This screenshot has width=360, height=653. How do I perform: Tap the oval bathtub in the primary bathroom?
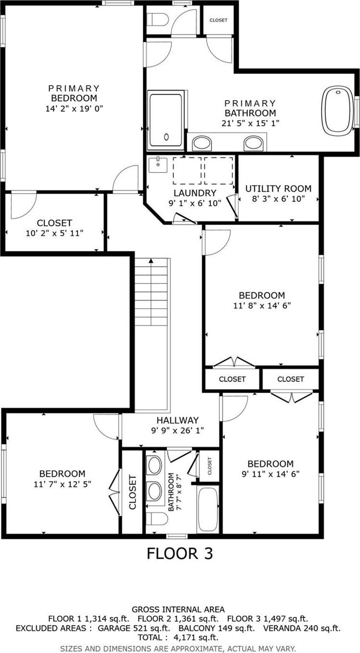[338, 110]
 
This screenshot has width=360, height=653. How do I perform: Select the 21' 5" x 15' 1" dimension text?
[250, 123]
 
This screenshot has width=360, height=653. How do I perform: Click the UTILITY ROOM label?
[278, 188]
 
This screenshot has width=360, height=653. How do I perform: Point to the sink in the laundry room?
[158, 165]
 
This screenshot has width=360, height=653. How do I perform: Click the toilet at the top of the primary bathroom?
[158, 20]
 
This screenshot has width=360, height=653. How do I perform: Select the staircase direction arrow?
[151, 261]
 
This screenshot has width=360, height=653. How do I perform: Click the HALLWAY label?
[177, 420]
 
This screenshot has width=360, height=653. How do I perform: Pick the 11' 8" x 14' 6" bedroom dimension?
[262, 305]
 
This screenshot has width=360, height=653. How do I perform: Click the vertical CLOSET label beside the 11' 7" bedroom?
[133, 492]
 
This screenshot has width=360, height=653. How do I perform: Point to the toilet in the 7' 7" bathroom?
[157, 519]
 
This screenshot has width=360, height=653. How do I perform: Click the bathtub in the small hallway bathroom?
[208, 509]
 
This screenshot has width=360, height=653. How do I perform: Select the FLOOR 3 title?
[179, 553]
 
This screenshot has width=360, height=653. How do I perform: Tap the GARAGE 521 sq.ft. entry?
[133, 628]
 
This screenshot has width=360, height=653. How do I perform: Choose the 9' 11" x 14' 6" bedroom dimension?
[270, 473]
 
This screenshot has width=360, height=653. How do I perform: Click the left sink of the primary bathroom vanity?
[202, 143]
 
